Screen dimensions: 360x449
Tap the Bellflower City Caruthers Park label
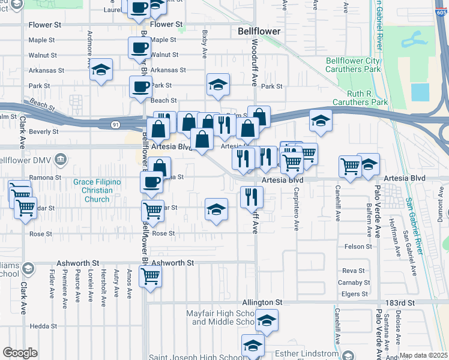click(353, 65)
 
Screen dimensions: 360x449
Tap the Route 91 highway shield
click(115, 125)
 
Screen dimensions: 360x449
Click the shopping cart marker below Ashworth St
click(150, 277)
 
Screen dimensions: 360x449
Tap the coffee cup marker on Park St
click(140, 86)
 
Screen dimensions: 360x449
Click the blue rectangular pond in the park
click(420, 92)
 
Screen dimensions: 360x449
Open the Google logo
click(20, 353)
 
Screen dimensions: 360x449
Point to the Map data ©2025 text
click(423, 355)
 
